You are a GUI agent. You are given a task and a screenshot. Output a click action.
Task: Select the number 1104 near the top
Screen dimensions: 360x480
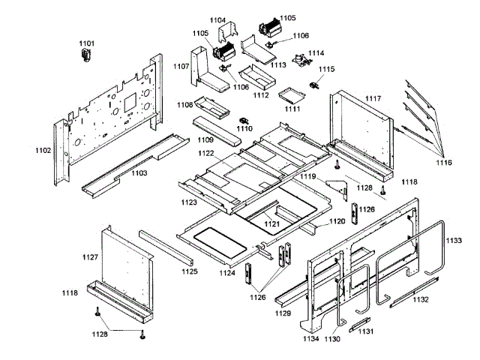(218, 20)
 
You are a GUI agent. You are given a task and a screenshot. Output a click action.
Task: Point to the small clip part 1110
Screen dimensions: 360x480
(244, 120)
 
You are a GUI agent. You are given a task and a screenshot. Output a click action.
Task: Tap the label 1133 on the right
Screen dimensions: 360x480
(454, 241)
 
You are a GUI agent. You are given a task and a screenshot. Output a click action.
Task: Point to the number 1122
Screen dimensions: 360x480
(206, 153)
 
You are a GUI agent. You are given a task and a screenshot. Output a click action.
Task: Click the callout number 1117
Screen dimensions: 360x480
(373, 99)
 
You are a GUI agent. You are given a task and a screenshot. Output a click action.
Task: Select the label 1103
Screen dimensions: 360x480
(139, 173)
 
